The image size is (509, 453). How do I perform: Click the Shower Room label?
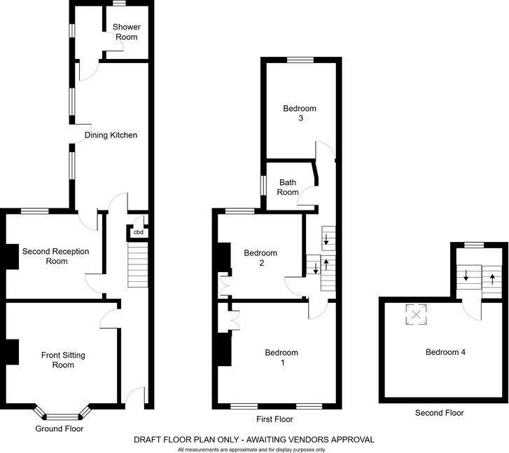127,32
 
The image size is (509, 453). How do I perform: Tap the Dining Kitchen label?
111,135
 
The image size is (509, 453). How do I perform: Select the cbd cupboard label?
139,232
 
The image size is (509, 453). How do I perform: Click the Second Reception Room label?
56,256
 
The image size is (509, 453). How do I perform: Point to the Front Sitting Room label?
63,360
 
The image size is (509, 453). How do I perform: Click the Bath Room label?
288,187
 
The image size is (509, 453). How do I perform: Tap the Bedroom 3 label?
300,113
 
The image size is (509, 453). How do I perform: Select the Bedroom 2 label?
260,258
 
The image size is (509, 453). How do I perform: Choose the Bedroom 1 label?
281,358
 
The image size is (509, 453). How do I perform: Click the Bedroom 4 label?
446,352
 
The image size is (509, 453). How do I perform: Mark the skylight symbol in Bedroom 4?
416,314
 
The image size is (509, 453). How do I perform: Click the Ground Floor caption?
60,428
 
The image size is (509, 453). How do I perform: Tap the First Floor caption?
274,419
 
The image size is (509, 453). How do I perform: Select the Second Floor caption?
440,412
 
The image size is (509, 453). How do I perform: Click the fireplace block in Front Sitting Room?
12,352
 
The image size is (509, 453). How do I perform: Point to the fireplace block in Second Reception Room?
12,256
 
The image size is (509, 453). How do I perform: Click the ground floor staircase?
138,264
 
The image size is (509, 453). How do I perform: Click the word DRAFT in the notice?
146,440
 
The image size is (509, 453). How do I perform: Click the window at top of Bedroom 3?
300,60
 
